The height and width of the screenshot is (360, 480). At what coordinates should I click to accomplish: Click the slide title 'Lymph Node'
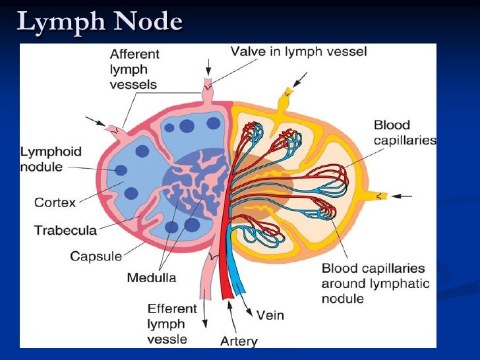[x=99, y=21]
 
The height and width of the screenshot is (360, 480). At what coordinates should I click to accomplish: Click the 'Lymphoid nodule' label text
[x=51, y=159]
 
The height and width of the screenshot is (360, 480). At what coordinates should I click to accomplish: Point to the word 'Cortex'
[x=55, y=202]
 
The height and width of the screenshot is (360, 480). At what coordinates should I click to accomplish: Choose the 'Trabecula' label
[x=65, y=230]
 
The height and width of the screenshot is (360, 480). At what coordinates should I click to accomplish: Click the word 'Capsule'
[x=95, y=256]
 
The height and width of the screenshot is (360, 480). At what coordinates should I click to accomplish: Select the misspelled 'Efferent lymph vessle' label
[x=172, y=324]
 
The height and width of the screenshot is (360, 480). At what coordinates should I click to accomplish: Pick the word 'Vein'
[x=270, y=315]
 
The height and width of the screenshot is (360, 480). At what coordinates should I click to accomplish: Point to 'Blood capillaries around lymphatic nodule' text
[x=375, y=284]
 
